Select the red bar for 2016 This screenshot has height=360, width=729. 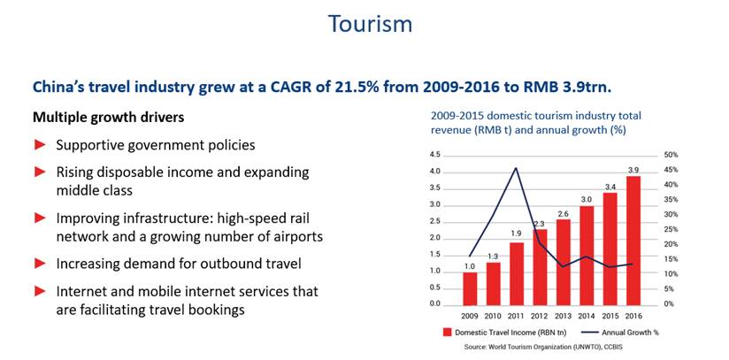(633, 240)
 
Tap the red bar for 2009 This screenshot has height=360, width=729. (471, 287)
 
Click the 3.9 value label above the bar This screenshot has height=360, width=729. (633, 169)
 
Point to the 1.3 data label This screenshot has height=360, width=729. (494, 256)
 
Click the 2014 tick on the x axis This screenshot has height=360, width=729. (587, 316)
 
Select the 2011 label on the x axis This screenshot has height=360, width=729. (517, 316)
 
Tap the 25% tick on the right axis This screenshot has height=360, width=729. (671, 229)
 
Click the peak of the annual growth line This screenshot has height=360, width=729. (517, 168)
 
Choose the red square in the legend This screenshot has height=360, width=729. (449, 333)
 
